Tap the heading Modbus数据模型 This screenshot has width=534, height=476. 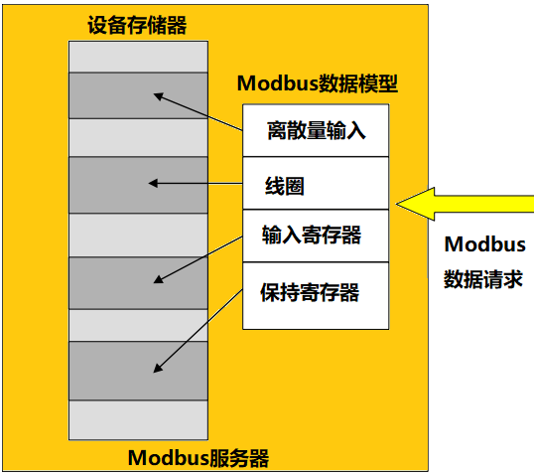click(x=316, y=83)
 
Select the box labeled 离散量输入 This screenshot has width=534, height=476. click(x=316, y=129)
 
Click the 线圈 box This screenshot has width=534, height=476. click(x=316, y=183)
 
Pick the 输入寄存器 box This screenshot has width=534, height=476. click(x=316, y=236)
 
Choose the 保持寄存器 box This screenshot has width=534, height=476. click(x=316, y=292)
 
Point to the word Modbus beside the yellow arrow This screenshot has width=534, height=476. click(x=484, y=244)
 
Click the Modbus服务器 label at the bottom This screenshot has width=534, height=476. click(x=199, y=458)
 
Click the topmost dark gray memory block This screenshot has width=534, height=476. click(x=138, y=95)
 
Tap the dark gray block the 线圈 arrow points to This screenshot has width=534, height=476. click(x=138, y=185)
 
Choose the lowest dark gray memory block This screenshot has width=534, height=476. click(x=138, y=370)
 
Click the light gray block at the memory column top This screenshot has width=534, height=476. click(x=138, y=56)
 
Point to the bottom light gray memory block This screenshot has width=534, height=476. click(x=138, y=418)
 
